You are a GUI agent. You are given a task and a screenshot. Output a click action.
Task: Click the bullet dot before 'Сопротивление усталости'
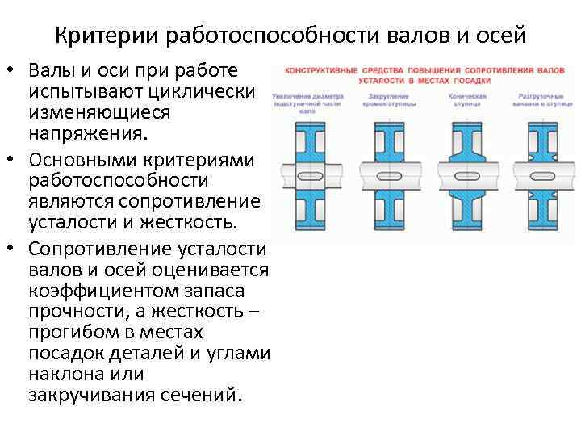tap(14, 245)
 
